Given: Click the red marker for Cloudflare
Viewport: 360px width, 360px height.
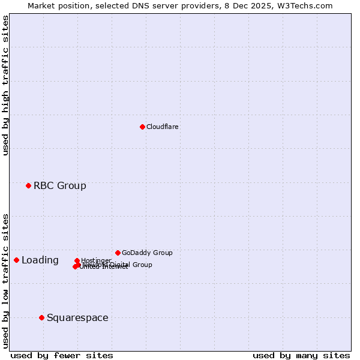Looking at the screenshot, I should click(x=142, y=127).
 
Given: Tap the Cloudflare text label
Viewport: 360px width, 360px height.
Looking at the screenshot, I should click(x=162, y=127).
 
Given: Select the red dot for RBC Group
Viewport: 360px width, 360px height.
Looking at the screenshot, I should click(x=28, y=185).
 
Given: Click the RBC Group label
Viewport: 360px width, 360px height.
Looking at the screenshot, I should click(x=59, y=185).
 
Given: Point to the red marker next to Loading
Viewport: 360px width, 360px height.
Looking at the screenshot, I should click(x=16, y=260).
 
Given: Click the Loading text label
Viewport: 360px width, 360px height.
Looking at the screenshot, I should click(x=40, y=260).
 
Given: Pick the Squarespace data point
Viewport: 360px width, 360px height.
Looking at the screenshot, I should click(x=41, y=317).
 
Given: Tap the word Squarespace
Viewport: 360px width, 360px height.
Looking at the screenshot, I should click(x=77, y=317).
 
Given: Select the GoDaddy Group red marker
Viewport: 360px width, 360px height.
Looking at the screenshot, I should click(x=118, y=253).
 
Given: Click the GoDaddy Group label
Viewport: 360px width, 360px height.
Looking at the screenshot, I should click(x=146, y=253).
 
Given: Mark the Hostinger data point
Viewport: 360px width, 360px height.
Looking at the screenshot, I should click(x=77, y=260).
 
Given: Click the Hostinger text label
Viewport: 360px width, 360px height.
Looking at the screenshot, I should click(x=96, y=260).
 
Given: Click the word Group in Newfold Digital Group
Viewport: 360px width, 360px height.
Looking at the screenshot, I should click(x=142, y=265).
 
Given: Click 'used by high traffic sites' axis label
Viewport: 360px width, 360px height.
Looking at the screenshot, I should click(x=5, y=85).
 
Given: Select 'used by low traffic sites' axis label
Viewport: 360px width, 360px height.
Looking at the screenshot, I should click(x=5, y=280).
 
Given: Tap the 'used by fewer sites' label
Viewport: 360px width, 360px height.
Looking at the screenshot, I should click(x=62, y=355).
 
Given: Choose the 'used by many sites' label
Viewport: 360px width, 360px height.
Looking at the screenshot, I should click(x=301, y=355).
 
